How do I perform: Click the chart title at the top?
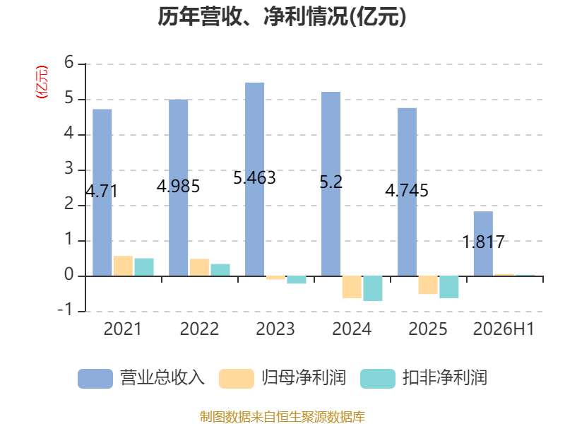pos(282,16)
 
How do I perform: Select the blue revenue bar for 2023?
pos(254,179)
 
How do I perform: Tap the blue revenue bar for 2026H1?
pos(483,244)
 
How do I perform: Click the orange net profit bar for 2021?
pos(123,266)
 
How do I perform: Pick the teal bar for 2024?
pos(373,288)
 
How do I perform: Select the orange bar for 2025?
pos(428,285)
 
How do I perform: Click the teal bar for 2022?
pos(220,270)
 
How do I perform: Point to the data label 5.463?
pos(254,178)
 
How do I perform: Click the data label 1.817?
pos(483,242)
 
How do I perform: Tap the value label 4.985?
pos(178,187)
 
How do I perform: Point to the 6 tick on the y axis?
pos(69,63)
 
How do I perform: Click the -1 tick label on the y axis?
pos(65,310)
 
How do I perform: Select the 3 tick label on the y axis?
pos(69,169)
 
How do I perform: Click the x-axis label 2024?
pos(352,329)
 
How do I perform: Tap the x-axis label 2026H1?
pos(504,329)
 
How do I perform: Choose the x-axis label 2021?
pos(123,329)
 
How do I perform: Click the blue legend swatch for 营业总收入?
pos(95,379)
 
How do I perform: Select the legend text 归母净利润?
pos(304,378)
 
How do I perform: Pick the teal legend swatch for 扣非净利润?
pos(378,379)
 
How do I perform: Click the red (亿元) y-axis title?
pos(42,82)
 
